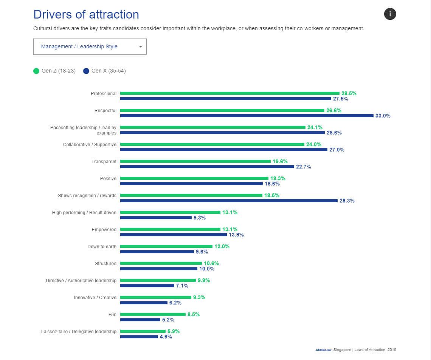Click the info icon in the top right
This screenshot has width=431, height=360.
tap(390, 14)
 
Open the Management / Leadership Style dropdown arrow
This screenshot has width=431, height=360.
tap(141, 47)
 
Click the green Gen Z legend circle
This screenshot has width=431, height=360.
tap(36, 71)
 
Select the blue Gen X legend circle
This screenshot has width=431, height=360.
tap(86, 71)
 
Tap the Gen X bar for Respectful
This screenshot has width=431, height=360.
tap(247, 116)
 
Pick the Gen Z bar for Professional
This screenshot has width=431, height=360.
tap(229, 93)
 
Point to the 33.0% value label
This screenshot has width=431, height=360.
tap(383, 116)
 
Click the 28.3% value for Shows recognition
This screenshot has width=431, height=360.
tap(347, 201)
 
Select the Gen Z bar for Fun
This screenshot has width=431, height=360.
tap(153, 314)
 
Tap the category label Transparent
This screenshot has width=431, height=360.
tap(104, 162)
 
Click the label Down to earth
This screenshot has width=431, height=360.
tap(102, 247)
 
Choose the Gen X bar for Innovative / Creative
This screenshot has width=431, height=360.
tap(144, 303)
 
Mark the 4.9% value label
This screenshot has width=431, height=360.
tap(166, 337)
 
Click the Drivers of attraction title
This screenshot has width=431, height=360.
tap(86, 14)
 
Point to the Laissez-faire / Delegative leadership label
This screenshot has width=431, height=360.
tap(79, 332)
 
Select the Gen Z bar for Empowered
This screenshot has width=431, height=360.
tap(170, 229)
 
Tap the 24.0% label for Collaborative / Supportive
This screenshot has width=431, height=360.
tap(314, 144)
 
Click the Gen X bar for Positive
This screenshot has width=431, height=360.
tap(191, 184)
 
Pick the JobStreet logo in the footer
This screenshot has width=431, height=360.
tap(323, 350)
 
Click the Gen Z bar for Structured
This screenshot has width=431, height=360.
tap(161, 263)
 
